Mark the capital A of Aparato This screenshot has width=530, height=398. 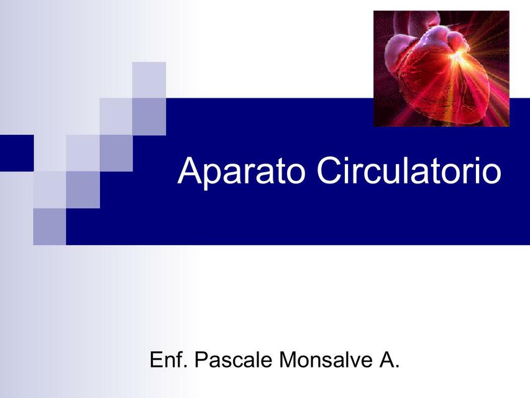point(189,171)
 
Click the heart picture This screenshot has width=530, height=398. point(441,68)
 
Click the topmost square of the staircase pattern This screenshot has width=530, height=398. point(149,80)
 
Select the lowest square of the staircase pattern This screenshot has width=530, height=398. point(49,226)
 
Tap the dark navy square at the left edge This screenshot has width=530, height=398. point(16,152)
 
